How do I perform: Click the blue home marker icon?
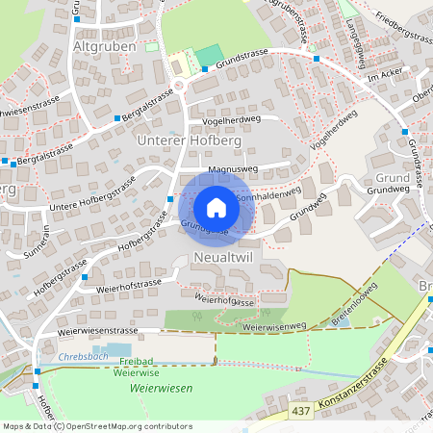pos(216,207)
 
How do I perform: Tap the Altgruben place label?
pos(101,45)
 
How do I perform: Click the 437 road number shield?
pos(301,411)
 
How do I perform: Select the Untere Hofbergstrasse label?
pos(92,195)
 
